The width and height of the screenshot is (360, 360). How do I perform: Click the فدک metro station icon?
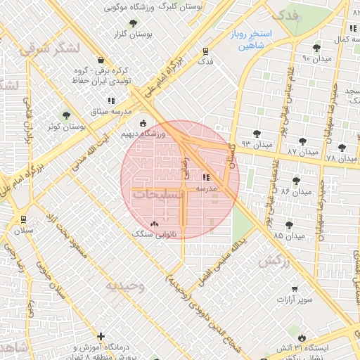[x=205, y=51]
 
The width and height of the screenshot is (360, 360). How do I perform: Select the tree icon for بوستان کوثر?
[x=67, y=115]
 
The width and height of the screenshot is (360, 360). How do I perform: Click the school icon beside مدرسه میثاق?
[x=110, y=101]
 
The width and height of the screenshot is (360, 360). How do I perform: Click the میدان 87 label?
[x=303, y=152]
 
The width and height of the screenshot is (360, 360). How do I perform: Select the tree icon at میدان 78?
[x=342, y=148]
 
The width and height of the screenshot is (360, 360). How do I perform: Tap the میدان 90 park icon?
[x=318, y=48]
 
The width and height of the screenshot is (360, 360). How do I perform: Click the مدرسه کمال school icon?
[x=352, y=29]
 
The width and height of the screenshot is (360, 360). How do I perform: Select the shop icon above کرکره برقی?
[x=103, y=60]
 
